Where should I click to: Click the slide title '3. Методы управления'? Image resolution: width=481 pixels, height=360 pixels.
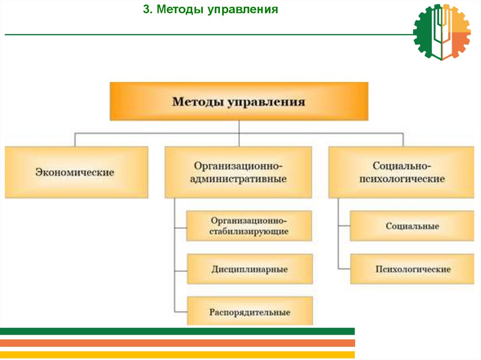[x=210, y=9]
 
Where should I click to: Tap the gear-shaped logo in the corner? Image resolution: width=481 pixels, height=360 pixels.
[x=442, y=32]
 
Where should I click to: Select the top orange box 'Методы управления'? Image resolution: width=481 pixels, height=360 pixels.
[x=239, y=101]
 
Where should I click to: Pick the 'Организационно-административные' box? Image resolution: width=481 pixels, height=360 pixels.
[x=238, y=172]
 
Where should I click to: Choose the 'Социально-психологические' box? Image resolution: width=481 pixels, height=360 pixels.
[x=401, y=172]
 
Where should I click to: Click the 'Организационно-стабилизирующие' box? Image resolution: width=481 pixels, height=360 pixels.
[x=249, y=226]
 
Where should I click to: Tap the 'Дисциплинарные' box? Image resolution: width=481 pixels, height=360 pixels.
[x=249, y=269]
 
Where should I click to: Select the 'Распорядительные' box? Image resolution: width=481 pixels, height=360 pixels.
[x=249, y=312]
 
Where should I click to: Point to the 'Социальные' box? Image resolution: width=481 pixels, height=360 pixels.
[x=412, y=226]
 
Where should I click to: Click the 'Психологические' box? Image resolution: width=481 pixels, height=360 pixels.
[x=412, y=269]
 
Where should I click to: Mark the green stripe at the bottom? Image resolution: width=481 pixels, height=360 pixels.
[x=177, y=331]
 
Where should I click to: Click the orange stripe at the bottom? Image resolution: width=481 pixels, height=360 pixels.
[x=177, y=343]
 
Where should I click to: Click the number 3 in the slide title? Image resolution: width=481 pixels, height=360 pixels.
[x=146, y=9]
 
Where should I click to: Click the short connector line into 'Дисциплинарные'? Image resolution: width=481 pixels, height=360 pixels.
[x=180, y=271]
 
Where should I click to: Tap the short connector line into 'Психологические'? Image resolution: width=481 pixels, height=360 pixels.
[x=344, y=268]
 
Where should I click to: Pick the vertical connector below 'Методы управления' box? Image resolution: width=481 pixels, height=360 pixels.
[x=239, y=127]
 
